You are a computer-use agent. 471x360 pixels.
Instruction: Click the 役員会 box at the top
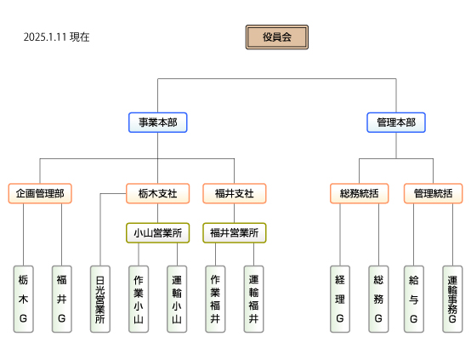point(277,37)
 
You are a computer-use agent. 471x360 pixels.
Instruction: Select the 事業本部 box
point(157,123)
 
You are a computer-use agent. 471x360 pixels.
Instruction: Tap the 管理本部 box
point(396,123)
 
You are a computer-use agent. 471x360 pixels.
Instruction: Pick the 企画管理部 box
point(40,193)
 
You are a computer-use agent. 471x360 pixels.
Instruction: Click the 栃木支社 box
point(157,193)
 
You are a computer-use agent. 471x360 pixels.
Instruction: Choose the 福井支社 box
point(235,193)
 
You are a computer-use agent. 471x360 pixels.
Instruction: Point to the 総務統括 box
point(360,193)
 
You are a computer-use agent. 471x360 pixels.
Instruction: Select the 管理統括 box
point(433,193)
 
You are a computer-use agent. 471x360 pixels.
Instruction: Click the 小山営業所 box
point(157,233)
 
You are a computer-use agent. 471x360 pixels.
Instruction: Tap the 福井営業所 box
point(235,233)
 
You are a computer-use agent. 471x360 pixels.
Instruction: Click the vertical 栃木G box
point(24,299)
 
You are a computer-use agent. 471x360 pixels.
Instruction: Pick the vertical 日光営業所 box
point(100,299)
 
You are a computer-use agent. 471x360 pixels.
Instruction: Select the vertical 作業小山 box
point(139,299)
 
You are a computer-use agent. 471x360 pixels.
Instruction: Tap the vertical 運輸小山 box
point(177,299)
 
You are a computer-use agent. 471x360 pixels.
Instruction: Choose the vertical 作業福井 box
point(215,299)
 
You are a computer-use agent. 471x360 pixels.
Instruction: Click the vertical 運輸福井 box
point(254,299)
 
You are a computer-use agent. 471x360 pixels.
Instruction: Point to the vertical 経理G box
point(340,299)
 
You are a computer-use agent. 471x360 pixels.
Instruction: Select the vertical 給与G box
point(414,299)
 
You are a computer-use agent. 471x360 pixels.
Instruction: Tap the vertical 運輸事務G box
point(452,299)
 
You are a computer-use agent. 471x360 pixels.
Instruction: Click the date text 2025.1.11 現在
point(56,37)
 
